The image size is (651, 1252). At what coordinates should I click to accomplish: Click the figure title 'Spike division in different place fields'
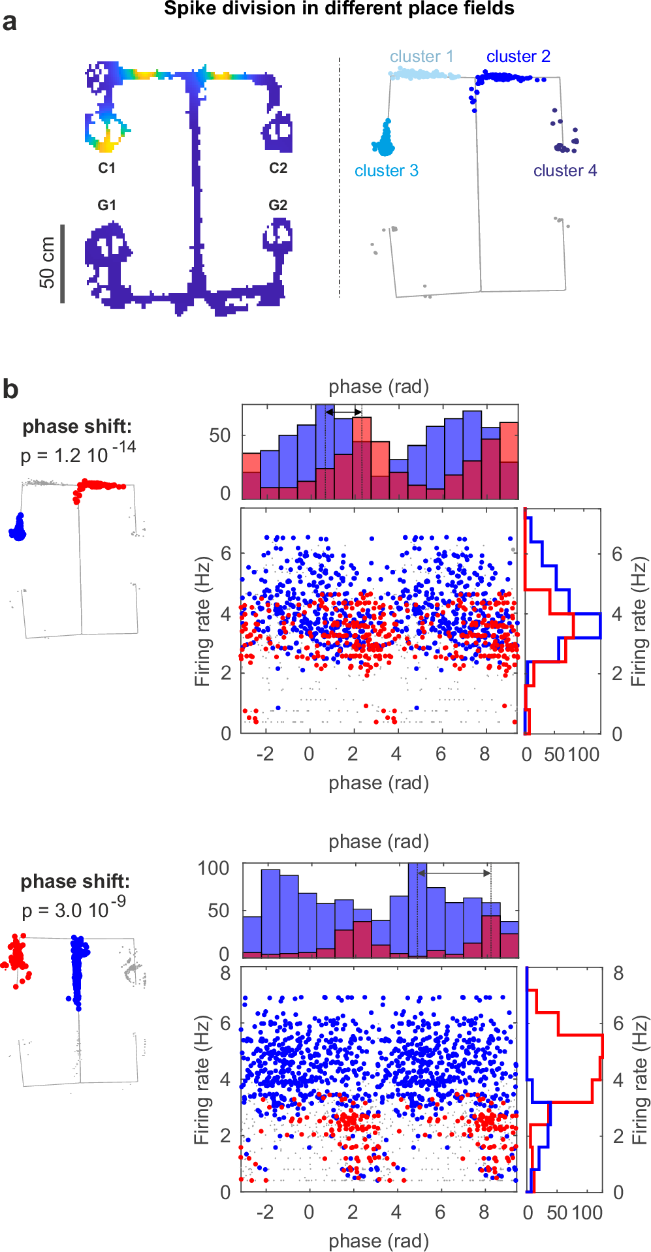point(339,8)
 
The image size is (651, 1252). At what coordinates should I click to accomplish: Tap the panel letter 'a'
point(10,22)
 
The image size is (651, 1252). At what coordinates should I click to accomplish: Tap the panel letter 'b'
point(10,389)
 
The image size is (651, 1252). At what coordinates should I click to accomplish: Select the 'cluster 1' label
point(421,57)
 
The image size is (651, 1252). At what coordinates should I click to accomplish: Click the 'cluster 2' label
point(518,57)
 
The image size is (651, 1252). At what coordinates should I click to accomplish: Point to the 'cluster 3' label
point(386,171)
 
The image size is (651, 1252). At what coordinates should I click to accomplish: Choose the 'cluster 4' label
point(565,171)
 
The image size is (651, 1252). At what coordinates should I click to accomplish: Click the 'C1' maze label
point(107,168)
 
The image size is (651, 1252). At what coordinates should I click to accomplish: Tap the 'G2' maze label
point(278,206)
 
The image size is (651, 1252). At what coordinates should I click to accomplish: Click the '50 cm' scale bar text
point(47,262)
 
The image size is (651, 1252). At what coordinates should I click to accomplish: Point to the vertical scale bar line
point(63,264)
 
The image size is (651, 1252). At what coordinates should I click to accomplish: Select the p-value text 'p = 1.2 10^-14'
point(78,453)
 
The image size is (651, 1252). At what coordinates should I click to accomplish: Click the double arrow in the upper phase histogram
point(343,413)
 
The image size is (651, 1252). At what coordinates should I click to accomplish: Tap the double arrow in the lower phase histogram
point(454,873)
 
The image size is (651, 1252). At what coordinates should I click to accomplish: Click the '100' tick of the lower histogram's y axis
point(214,868)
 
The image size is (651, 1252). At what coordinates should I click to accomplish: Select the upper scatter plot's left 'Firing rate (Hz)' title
point(203,621)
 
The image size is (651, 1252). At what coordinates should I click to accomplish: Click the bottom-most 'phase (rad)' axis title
point(379,1240)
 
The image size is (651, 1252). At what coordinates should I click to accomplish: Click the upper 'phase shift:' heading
point(77,426)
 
